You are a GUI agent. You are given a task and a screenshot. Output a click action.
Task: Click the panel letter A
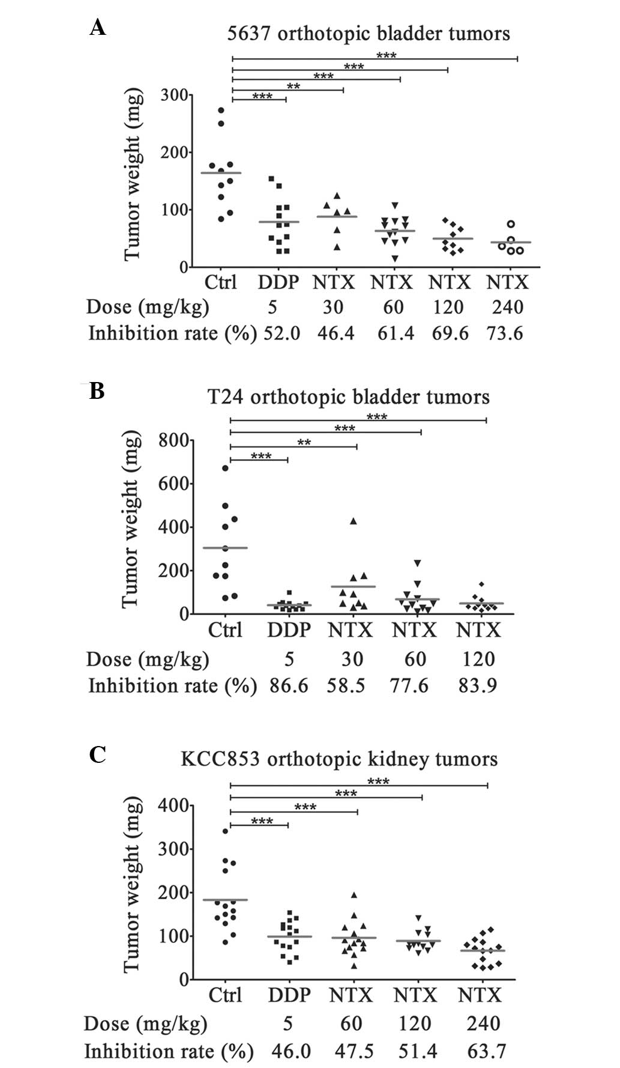(x=98, y=27)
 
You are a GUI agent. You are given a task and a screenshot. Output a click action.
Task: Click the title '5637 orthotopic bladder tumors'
(x=369, y=33)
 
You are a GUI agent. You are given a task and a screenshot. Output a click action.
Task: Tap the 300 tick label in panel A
(x=173, y=95)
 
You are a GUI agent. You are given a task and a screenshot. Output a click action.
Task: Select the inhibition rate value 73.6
(x=505, y=333)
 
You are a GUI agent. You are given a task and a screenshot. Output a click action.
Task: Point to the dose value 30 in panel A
(x=333, y=308)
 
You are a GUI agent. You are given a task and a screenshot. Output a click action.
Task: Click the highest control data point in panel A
(x=221, y=111)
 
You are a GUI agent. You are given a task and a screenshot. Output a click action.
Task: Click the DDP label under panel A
(x=278, y=282)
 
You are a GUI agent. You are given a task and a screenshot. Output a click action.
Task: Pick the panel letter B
(x=97, y=391)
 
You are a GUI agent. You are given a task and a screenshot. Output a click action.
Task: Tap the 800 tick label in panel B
(x=173, y=441)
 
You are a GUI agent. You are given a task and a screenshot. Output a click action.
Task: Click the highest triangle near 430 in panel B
(x=354, y=521)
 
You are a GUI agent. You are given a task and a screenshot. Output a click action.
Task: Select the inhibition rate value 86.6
(x=289, y=685)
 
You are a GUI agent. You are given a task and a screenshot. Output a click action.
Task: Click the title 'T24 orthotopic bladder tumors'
(x=349, y=397)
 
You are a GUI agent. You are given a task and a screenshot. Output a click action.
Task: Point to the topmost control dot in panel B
(x=226, y=468)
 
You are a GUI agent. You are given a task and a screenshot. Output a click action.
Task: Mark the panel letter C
(x=97, y=754)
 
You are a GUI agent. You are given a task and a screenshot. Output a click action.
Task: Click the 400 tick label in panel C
(x=173, y=806)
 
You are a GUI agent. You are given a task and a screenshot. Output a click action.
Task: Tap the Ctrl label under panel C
(x=225, y=995)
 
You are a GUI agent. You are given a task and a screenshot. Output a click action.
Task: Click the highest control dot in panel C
(x=225, y=831)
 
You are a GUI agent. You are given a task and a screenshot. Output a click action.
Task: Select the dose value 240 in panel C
(x=484, y=1024)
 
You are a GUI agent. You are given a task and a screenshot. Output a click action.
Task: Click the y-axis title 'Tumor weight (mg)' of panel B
(x=131, y=520)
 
